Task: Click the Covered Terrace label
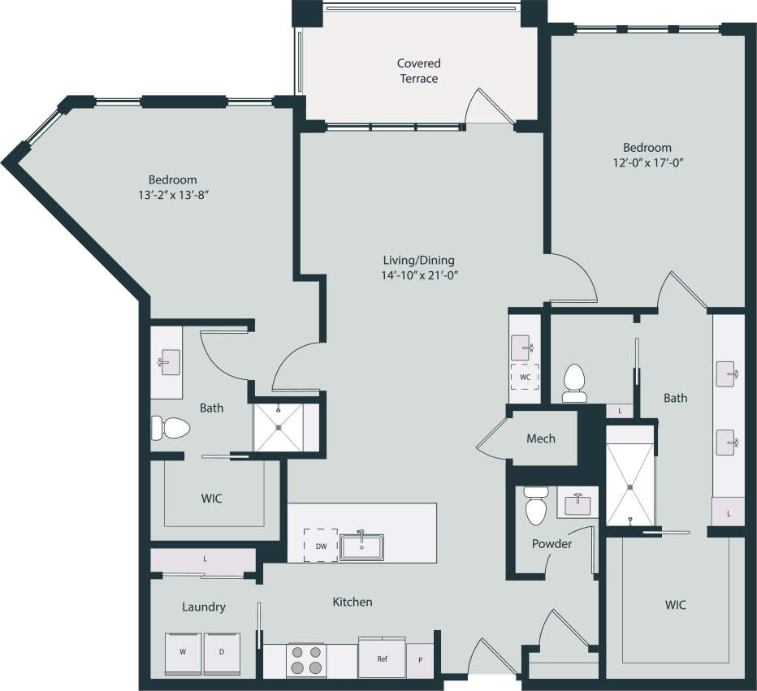tap(418, 71)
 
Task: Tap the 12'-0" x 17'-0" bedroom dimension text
tap(647, 162)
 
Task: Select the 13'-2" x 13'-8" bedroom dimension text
tap(172, 194)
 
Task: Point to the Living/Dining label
tap(418, 267)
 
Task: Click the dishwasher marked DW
tap(321, 546)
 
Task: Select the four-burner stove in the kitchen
tap(306, 659)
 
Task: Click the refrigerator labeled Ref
tap(382, 658)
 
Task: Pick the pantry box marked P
tap(420, 659)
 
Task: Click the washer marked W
tap(182, 653)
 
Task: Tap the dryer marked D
tap(222, 653)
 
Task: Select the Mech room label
tap(541, 438)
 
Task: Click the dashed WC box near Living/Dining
tap(524, 378)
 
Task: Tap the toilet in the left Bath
tap(170, 427)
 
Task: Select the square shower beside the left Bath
tap(278, 426)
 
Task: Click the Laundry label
tap(203, 607)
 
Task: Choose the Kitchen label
tap(353, 602)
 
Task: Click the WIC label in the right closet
tap(675, 605)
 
